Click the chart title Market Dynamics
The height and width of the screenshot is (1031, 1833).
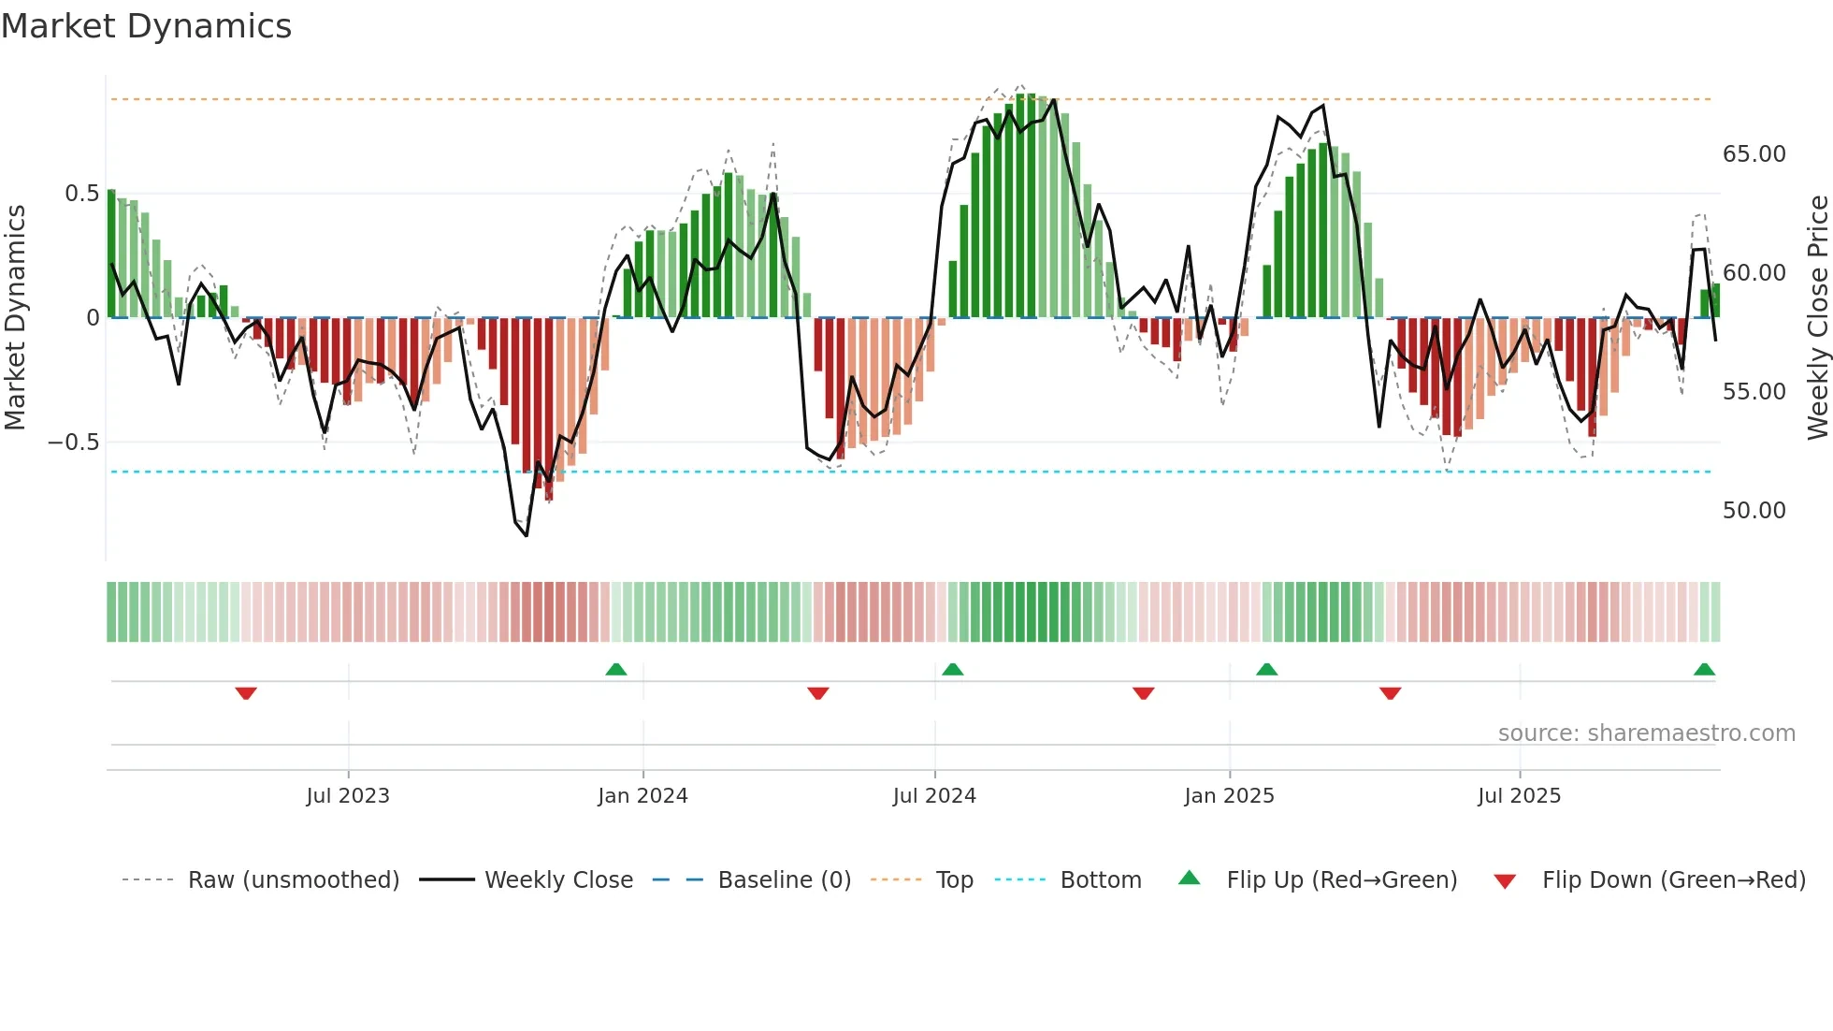[147, 26]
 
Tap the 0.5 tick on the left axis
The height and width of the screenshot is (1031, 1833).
[81, 194]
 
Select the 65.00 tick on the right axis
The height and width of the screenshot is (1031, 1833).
[1754, 154]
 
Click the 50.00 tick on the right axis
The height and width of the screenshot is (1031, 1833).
[1754, 511]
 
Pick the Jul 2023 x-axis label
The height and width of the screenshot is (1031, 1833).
[348, 796]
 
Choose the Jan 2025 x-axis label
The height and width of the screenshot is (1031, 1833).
[1229, 796]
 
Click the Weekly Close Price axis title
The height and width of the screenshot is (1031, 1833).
[1817, 317]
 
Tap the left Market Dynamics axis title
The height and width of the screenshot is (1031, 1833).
[15, 317]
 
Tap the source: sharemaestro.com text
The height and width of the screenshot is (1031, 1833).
[1646, 733]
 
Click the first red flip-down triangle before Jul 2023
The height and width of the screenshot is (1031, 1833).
[246, 693]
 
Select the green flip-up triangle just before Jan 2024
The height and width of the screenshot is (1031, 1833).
[615, 669]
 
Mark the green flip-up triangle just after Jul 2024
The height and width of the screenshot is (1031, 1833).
[952, 669]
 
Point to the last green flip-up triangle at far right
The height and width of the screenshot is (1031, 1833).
[1704, 669]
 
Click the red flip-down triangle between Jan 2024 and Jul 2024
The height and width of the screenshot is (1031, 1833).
[817, 693]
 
